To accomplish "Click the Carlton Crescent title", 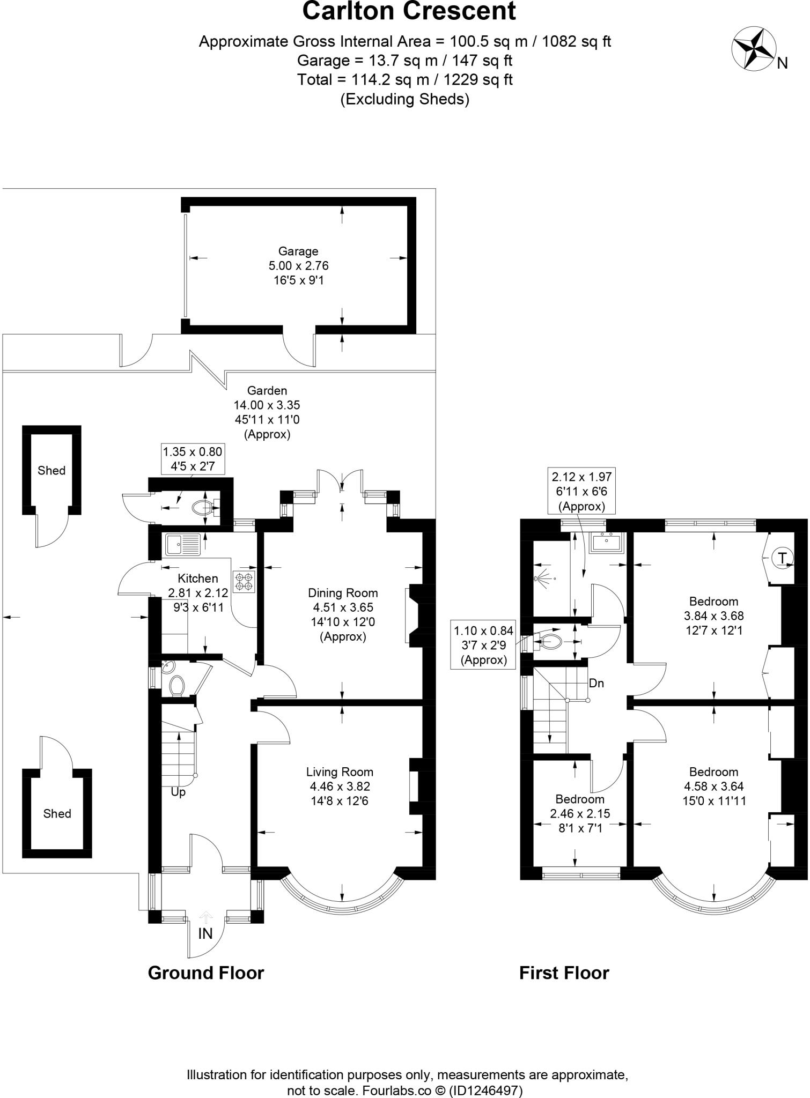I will [409, 12].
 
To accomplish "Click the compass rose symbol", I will [753, 49].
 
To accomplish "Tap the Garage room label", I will [298, 251].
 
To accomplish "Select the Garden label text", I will [267, 390].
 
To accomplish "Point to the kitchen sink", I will [182, 545].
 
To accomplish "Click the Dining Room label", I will [343, 593].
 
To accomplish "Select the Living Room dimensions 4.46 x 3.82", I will [340, 787].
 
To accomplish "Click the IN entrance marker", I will [205, 933].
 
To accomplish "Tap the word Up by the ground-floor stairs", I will [178, 792].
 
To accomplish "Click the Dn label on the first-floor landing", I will [597, 683].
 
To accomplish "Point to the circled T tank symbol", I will [782, 558].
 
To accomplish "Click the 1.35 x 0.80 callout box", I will [193, 459].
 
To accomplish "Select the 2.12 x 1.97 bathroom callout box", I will [581, 491].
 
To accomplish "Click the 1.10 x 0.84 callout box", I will [483, 645].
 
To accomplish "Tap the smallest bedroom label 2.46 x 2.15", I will [580, 813].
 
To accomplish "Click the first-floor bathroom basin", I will [607, 543].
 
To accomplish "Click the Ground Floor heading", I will [206, 973].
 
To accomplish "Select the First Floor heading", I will [564, 973].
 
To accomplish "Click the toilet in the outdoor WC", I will [202, 507].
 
